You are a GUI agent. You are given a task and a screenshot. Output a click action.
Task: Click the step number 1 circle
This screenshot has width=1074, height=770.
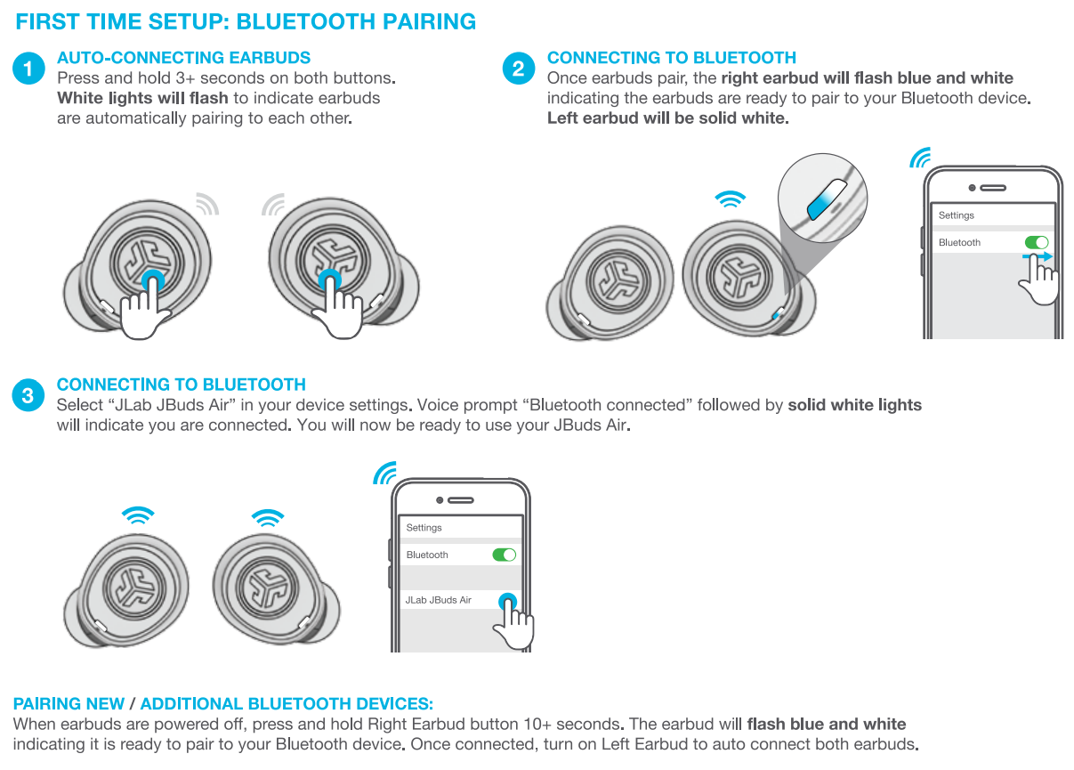[28, 69]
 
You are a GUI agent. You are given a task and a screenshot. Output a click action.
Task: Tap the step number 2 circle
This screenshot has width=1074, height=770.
[518, 69]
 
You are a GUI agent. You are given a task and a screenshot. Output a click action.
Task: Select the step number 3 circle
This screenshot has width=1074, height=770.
[28, 395]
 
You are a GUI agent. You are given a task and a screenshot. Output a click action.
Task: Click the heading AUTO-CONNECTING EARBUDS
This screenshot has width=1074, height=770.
[183, 58]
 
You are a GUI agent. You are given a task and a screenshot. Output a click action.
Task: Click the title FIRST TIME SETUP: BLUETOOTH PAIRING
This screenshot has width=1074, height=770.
[246, 21]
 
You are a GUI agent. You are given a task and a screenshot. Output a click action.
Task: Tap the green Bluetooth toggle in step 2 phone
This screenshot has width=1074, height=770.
[1037, 242]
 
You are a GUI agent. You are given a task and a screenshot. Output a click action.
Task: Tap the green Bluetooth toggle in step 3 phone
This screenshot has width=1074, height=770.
[504, 555]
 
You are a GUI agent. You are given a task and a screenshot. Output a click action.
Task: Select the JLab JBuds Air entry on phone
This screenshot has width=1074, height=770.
[438, 600]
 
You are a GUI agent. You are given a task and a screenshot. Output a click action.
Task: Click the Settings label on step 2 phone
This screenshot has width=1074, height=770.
[956, 215]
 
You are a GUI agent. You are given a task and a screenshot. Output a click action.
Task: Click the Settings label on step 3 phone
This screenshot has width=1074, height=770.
[424, 528]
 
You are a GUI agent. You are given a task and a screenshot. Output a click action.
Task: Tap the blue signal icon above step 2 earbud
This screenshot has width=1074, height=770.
[731, 200]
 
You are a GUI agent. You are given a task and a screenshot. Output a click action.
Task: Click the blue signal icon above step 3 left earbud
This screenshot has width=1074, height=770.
[137, 515]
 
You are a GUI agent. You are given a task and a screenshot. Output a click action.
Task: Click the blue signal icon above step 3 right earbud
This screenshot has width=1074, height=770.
[267, 515]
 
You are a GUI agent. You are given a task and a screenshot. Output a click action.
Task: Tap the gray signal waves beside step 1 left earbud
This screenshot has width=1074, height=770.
[207, 204]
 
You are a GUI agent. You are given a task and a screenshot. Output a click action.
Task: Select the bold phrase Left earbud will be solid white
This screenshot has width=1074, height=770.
[667, 118]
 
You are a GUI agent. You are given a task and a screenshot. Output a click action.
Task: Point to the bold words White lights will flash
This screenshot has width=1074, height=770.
[142, 98]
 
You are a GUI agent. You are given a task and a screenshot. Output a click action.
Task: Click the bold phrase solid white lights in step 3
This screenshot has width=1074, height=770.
[854, 405]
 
